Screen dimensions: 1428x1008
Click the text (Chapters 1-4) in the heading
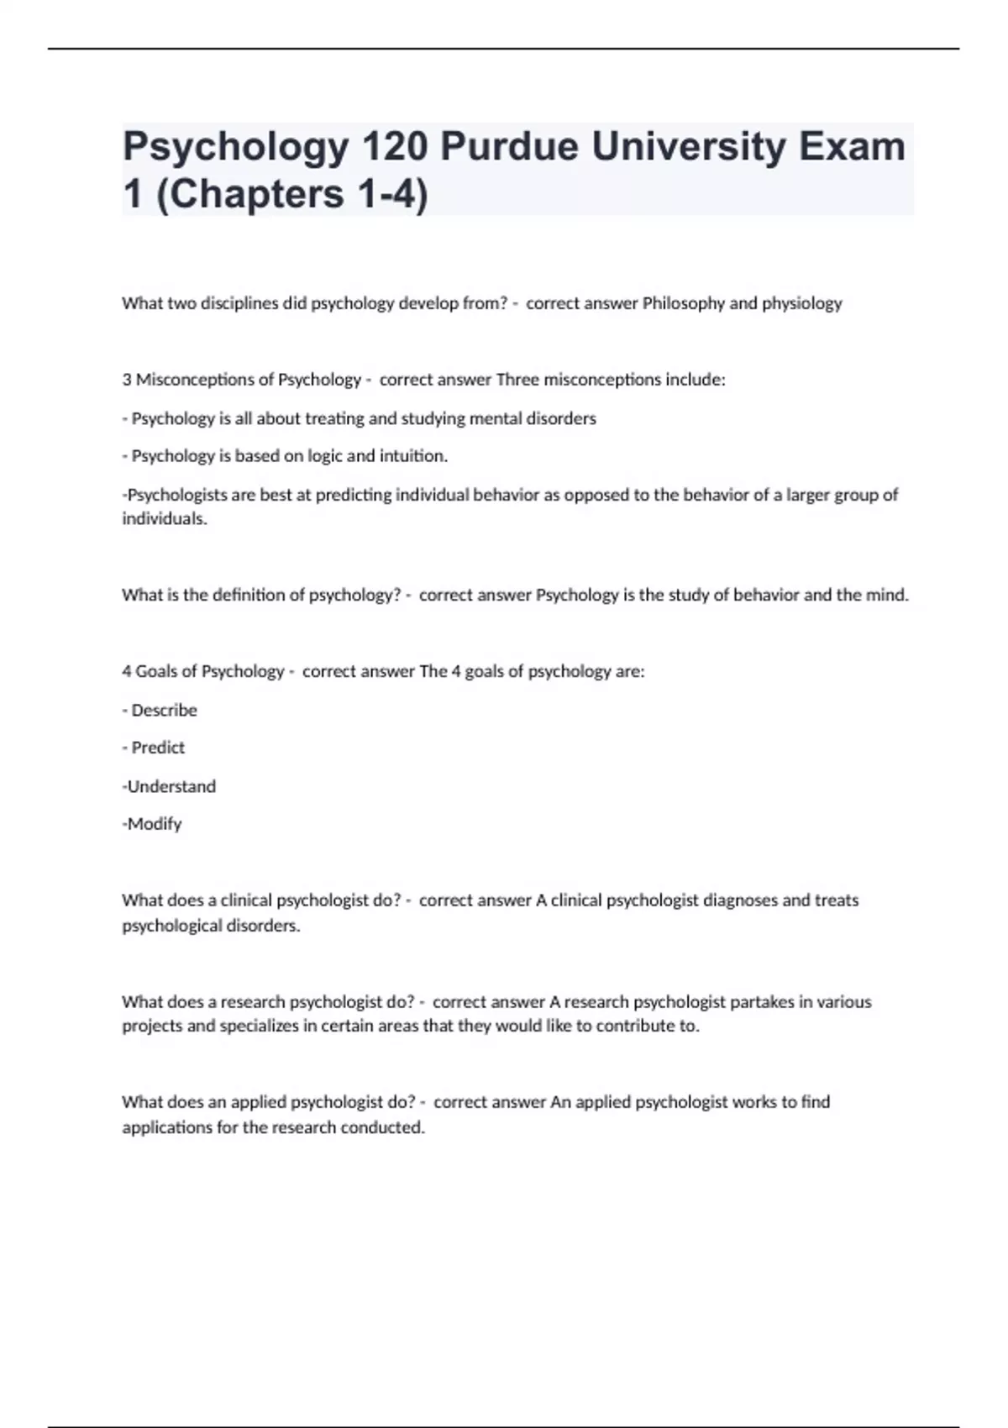point(292,194)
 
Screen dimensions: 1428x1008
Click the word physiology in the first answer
point(801,303)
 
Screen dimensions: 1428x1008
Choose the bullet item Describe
point(164,711)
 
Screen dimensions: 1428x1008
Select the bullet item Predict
point(158,748)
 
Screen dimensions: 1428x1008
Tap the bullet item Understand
point(171,786)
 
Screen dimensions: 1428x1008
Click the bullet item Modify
point(155,824)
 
